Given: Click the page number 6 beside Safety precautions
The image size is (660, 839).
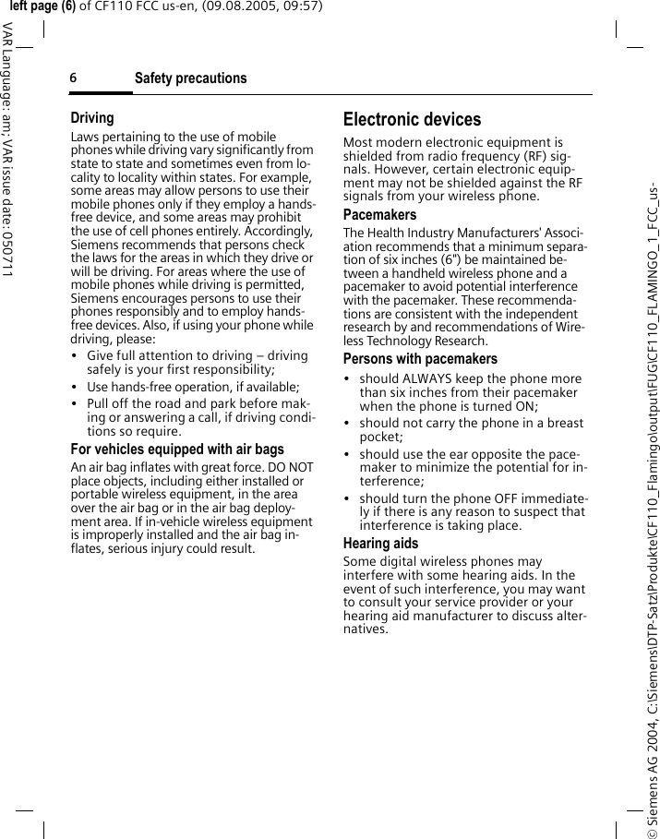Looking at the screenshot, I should pyautogui.click(x=73, y=78).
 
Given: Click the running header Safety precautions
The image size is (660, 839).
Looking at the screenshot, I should pyautogui.click(x=190, y=78).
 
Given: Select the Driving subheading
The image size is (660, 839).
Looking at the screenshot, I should pyautogui.click(x=92, y=118).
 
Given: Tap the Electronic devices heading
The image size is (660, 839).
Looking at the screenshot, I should pyautogui.click(x=412, y=119).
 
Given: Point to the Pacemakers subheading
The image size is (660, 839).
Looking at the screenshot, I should pyautogui.click(x=379, y=215).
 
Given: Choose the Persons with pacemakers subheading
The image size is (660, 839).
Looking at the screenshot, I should pyautogui.click(x=420, y=359).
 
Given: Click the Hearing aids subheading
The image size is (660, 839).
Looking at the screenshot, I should pyautogui.click(x=380, y=544).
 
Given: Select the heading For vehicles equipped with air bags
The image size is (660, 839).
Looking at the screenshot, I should pyautogui.click(x=177, y=449).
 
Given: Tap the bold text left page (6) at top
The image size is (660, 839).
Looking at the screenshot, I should pyautogui.click(x=42, y=6).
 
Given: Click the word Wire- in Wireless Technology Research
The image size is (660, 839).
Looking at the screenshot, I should pyautogui.click(x=570, y=328).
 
